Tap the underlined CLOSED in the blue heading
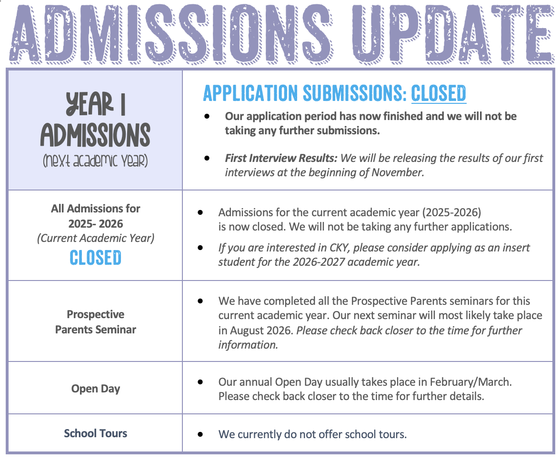(x=439, y=93)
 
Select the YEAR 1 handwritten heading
(x=95, y=105)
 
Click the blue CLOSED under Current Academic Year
(x=95, y=258)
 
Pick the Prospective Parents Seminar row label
(x=95, y=322)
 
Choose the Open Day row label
(x=95, y=389)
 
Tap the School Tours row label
(x=95, y=433)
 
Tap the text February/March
(x=470, y=382)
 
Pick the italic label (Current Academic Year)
(x=95, y=238)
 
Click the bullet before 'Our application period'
(x=207, y=116)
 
